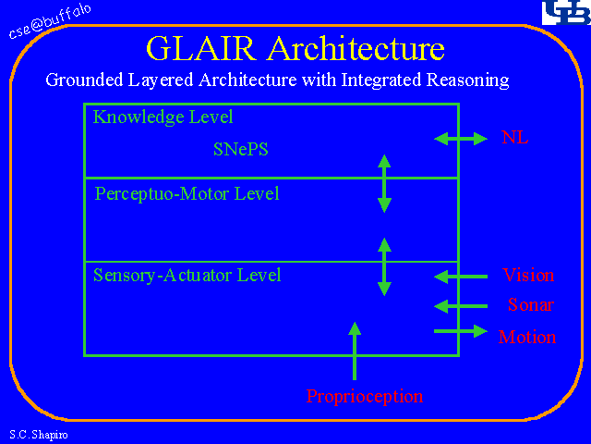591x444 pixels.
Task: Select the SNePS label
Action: pyautogui.click(x=240, y=149)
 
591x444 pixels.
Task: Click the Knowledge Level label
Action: pyautogui.click(x=163, y=117)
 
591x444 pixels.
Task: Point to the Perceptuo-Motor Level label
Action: pyautogui.click(x=187, y=194)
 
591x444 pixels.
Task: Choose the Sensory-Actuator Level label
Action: pyautogui.click(x=187, y=275)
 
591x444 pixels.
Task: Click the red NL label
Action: pyautogui.click(x=515, y=139)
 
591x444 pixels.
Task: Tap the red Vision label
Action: pyautogui.click(x=528, y=275)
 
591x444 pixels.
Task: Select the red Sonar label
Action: pyautogui.click(x=531, y=305)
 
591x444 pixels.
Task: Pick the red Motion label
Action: pyautogui.click(x=527, y=337)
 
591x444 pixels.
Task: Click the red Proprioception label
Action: pyautogui.click(x=365, y=397)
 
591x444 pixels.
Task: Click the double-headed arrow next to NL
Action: pyautogui.click(x=460, y=139)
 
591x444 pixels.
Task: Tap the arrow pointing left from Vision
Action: pyautogui.click(x=460, y=276)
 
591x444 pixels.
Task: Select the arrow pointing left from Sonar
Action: pyautogui.click(x=460, y=306)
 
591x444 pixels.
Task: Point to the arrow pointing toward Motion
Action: pyautogui.click(x=460, y=330)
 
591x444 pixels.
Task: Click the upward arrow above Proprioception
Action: pyautogui.click(x=355, y=351)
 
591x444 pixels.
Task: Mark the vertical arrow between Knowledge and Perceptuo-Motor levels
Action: pyautogui.click(x=384, y=183)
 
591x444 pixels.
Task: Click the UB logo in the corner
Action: pyautogui.click(x=563, y=13)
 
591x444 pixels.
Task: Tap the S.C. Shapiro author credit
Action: pyautogui.click(x=32, y=434)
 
